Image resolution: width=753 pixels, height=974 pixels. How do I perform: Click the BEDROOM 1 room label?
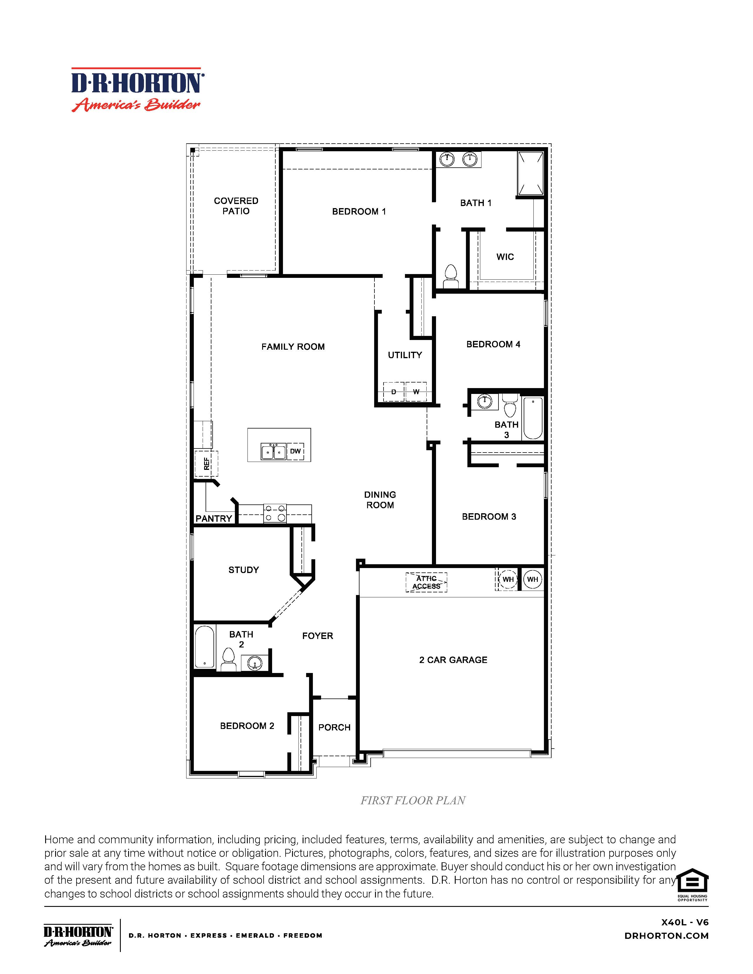click(x=359, y=211)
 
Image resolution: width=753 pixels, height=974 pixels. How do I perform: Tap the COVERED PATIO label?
click(x=236, y=206)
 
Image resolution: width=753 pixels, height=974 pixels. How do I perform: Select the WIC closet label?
click(x=505, y=257)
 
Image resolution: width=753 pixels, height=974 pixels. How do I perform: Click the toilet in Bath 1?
click(x=451, y=276)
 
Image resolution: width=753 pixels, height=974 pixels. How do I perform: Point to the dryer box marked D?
click(x=394, y=392)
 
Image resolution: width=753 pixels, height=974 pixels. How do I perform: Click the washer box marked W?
click(x=416, y=392)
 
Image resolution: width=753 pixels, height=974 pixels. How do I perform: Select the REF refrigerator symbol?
click(x=206, y=464)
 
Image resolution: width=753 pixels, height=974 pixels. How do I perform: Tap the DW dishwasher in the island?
click(x=295, y=451)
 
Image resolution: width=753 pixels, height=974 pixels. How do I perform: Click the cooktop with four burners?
click(x=275, y=513)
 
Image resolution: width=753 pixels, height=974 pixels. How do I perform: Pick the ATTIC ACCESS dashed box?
click(x=426, y=582)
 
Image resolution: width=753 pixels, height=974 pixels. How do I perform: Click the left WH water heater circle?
click(x=508, y=579)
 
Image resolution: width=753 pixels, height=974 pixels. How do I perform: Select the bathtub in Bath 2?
click(x=205, y=647)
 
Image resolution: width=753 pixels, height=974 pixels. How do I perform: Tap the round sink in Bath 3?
click(x=484, y=401)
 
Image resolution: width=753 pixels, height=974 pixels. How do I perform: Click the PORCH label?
click(x=334, y=727)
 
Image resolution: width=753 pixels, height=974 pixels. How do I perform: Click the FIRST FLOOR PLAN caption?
click(x=413, y=800)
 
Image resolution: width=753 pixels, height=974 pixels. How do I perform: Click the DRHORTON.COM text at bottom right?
click(x=666, y=936)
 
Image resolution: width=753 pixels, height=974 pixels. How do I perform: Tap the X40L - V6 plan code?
click(x=685, y=922)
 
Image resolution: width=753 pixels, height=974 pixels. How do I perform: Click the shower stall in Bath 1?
click(x=530, y=174)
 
